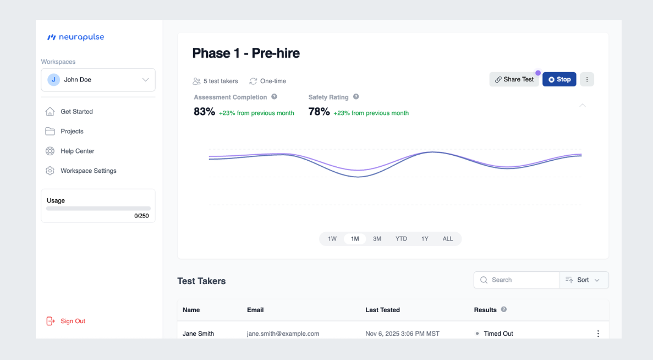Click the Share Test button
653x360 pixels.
click(514, 79)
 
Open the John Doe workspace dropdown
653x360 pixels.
click(98, 80)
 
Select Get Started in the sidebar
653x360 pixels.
click(76, 112)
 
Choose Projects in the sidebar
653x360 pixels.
click(72, 132)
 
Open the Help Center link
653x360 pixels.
click(77, 151)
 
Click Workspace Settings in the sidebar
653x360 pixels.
click(88, 171)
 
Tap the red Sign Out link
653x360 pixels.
click(73, 321)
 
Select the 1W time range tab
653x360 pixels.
click(332, 239)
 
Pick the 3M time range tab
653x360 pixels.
click(377, 239)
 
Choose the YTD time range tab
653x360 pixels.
click(401, 239)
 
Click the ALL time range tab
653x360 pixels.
click(448, 239)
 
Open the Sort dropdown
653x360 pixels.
click(584, 280)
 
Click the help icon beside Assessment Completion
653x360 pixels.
click(274, 97)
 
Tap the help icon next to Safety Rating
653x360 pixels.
click(356, 97)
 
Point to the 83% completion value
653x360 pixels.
click(204, 112)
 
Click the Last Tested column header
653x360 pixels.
click(382, 310)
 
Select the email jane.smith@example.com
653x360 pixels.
click(283, 334)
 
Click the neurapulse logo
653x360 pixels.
click(76, 37)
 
